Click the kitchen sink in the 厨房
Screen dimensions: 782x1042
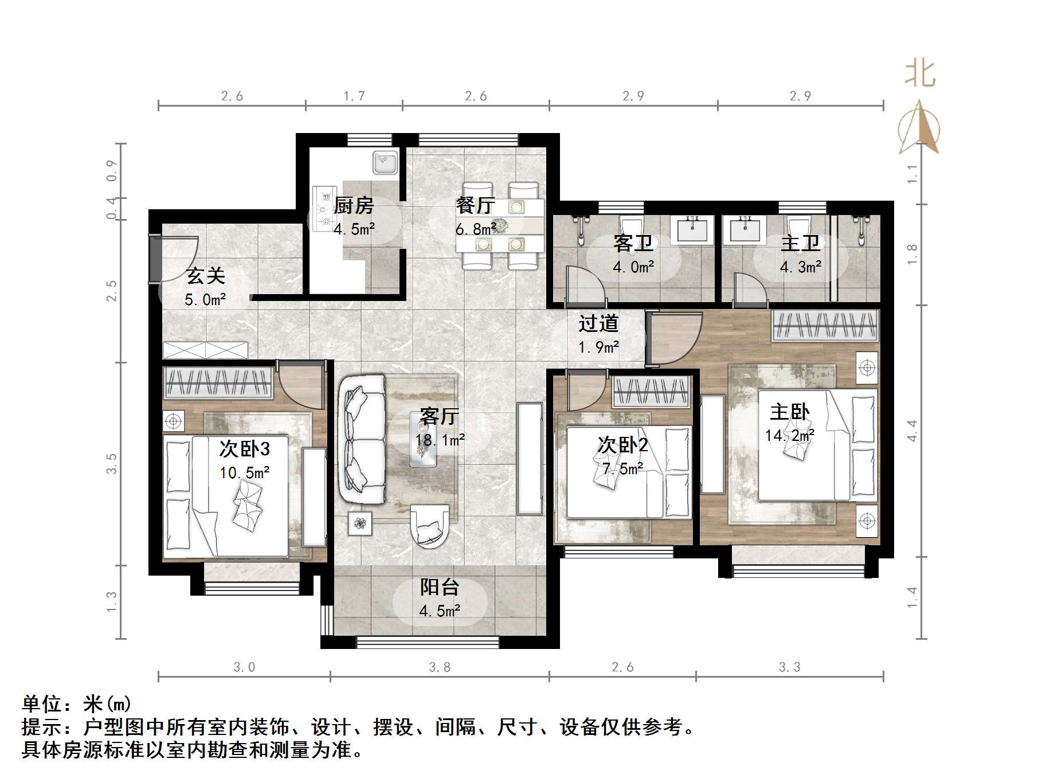pos(385,162)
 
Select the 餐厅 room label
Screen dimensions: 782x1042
pos(475,205)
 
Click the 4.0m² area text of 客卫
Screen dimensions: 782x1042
pos(633,267)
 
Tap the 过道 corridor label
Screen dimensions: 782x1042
pos(598,324)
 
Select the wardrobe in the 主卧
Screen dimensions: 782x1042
pos(825,325)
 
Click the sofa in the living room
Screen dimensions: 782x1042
pos(362,440)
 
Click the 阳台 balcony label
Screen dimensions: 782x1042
pos(440,587)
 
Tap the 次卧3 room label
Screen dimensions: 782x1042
pos(244,449)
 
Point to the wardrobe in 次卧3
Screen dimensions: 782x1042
pos(218,382)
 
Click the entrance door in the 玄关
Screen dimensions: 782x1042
pos(154,259)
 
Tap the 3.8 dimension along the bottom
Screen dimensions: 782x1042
pos(440,667)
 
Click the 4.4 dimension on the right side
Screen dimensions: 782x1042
pos(912,431)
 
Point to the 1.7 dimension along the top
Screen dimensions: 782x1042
pos(354,96)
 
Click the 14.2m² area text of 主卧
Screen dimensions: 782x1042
pos(789,436)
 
